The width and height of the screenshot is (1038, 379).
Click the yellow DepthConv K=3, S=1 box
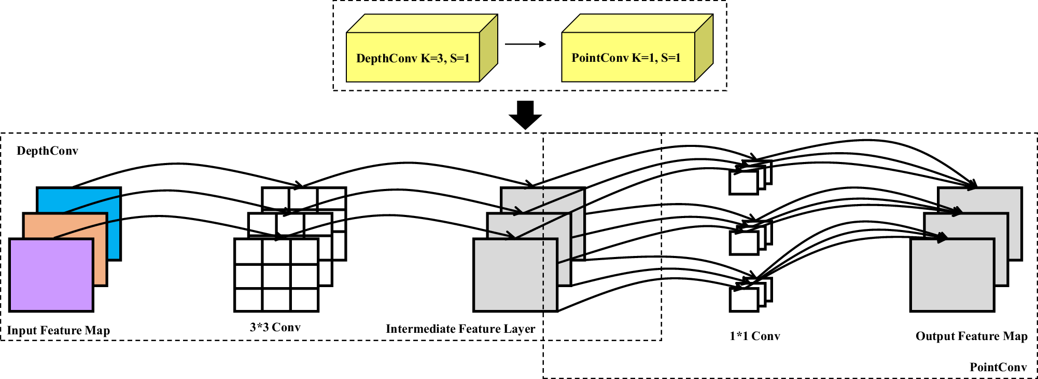coord(413,57)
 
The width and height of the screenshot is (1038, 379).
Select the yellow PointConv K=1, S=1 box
coord(627,57)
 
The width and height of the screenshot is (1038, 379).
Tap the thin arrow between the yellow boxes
coord(525,44)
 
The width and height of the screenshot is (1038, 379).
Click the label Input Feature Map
coord(58,331)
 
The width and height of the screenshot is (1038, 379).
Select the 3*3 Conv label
coord(275,328)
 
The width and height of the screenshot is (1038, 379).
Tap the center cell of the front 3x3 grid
coord(276,276)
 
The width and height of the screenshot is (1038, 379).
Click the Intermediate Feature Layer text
coord(460,329)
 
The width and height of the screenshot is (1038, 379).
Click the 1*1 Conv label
coord(754,336)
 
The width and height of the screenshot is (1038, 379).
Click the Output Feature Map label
coord(971,336)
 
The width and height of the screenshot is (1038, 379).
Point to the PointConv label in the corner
coord(998,368)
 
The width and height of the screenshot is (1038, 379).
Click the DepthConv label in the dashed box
coord(47,151)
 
